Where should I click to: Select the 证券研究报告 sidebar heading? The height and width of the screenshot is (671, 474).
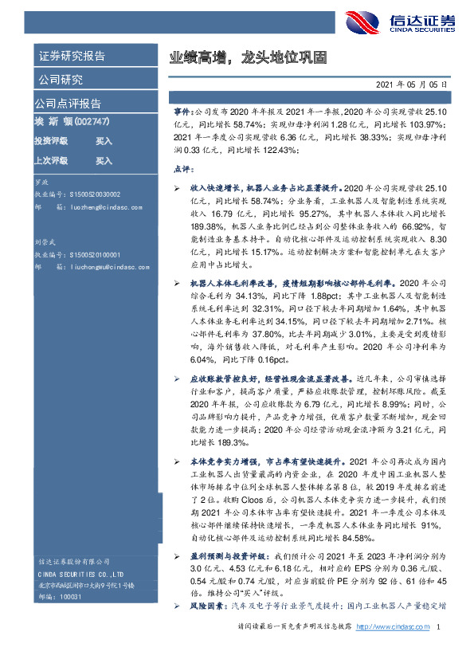[x=72, y=57]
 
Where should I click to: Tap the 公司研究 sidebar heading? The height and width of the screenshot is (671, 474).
[x=60, y=80]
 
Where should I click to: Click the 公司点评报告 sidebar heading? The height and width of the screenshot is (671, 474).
[x=67, y=104]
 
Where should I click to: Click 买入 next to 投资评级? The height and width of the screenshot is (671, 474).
[x=104, y=141]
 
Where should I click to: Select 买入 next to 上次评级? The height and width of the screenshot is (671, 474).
[x=104, y=161]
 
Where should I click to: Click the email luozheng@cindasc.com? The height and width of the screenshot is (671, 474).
[x=101, y=206]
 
